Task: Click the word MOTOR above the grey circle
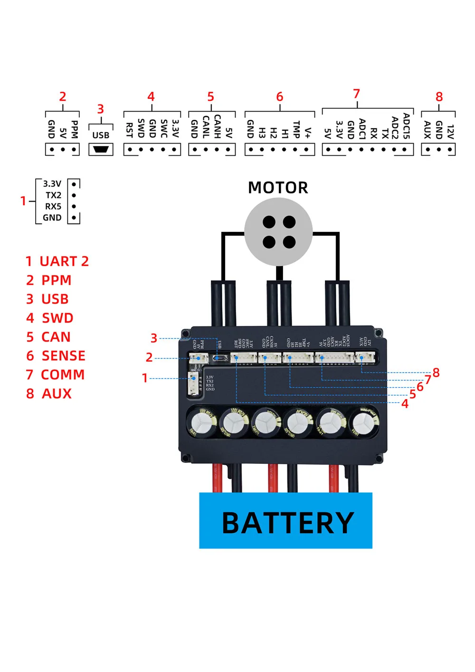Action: coord(278,188)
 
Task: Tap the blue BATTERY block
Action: coord(285,521)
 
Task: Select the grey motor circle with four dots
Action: coord(279,231)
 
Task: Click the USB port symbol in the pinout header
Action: coord(101,149)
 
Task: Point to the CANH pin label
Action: coord(218,126)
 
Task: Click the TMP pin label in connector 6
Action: coord(296,129)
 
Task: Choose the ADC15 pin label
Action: coord(407,126)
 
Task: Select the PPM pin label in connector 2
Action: coord(74,129)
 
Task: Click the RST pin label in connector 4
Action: coord(129,130)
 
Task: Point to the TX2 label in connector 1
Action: coord(53,195)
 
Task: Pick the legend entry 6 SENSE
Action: coord(56,356)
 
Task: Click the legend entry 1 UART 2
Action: coord(57,261)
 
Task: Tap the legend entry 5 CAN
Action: coord(48,337)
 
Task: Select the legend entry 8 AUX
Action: coord(49,394)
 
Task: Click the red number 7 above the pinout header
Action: coord(357,94)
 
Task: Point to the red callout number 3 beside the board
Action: coord(154,338)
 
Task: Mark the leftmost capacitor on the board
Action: coord(201,422)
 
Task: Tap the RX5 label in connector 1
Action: coord(53,207)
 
